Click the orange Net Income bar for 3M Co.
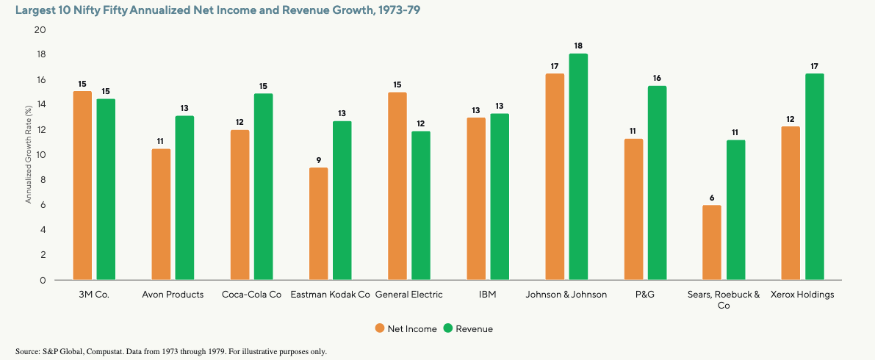(82, 186)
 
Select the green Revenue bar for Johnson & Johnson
(578, 167)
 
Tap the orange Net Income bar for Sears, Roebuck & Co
(711, 242)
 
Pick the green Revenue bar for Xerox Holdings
(814, 176)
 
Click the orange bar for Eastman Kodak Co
(319, 224)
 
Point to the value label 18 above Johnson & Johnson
(578, 46)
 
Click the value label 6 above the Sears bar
(711, 197)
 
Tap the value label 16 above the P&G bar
(657, 78)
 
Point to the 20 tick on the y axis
(40, 30)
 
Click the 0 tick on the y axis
(43, 280)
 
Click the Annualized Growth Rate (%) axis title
(28, 155)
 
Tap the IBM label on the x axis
(488, 295)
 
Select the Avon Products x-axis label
(173, 295)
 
